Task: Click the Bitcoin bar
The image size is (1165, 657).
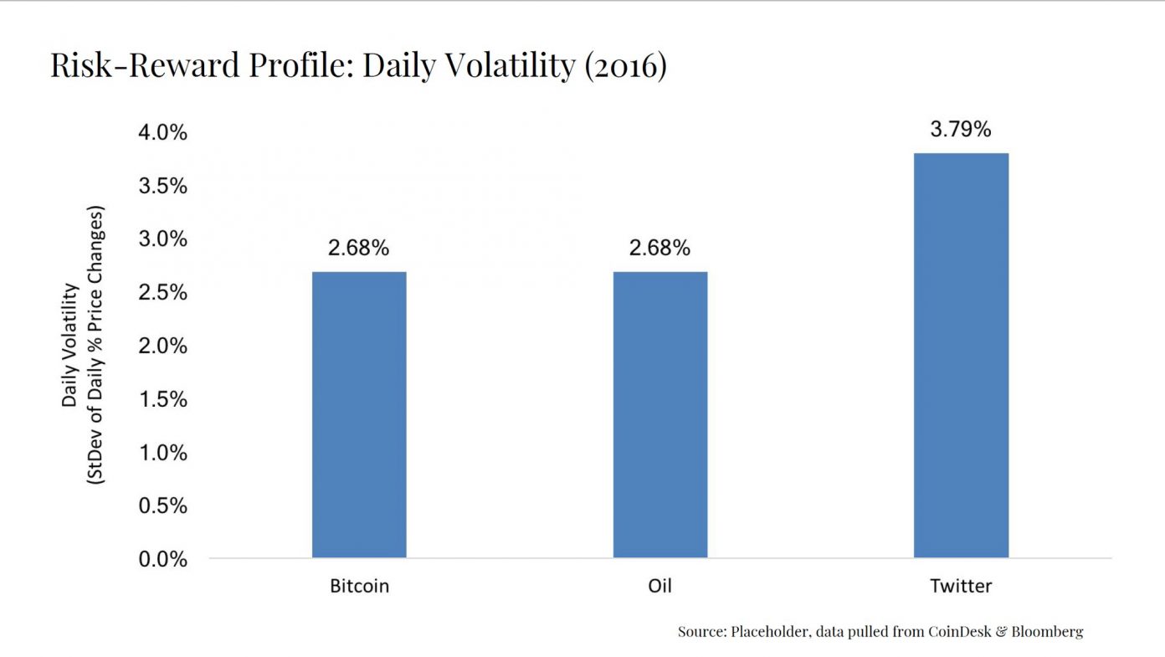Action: tap(359, 414)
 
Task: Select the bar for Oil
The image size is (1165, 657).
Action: tap(660, 414)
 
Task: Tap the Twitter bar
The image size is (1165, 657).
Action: tap(961, 355)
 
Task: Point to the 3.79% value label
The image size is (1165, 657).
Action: tap(961, 130)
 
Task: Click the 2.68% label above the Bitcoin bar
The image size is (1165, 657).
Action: tap(359, 249)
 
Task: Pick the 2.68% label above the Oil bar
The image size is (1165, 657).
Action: tap(660, 249)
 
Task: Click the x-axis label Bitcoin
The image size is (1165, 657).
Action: tap(359, 585)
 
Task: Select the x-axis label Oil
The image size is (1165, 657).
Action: tap(660, 585)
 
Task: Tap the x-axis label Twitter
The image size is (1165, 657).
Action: tap(961, 585)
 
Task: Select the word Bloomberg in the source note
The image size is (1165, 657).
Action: tap(1046, 632)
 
